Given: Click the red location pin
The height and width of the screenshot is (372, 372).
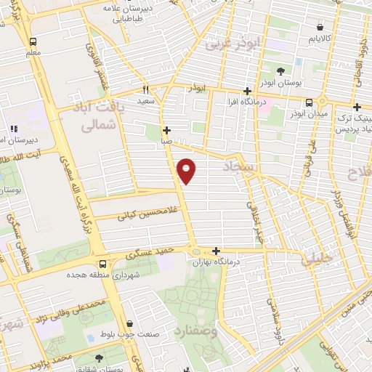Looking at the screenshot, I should tap(187, 171).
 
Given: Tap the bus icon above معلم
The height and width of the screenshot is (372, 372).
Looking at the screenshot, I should tap(33, 41).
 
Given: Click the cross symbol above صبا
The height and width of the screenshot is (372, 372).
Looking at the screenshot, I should tap(167, 131).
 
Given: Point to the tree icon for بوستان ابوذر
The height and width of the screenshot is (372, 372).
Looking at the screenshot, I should tap(280, 70).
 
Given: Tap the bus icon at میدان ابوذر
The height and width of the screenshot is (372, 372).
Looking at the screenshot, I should tap(310, 102).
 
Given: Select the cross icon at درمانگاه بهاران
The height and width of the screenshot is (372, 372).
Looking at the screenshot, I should tap(217, 250).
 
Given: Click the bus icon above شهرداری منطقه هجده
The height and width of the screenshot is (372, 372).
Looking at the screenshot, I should tap(102, 264).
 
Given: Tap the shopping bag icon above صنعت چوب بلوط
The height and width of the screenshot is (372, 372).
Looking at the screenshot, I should tap(129, 323).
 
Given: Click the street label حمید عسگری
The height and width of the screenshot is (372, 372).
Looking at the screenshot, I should tap(150, 253).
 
